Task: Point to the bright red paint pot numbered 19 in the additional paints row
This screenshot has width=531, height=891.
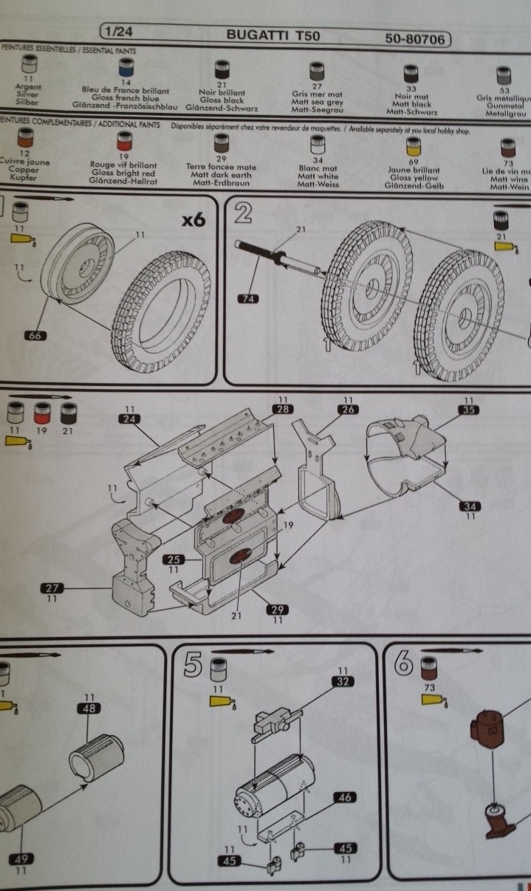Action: tap(123, 141)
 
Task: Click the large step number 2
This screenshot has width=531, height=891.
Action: tap(244, 214)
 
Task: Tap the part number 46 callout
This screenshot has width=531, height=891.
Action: tap(344, 797)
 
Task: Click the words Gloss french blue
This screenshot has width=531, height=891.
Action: tap(127, 97)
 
